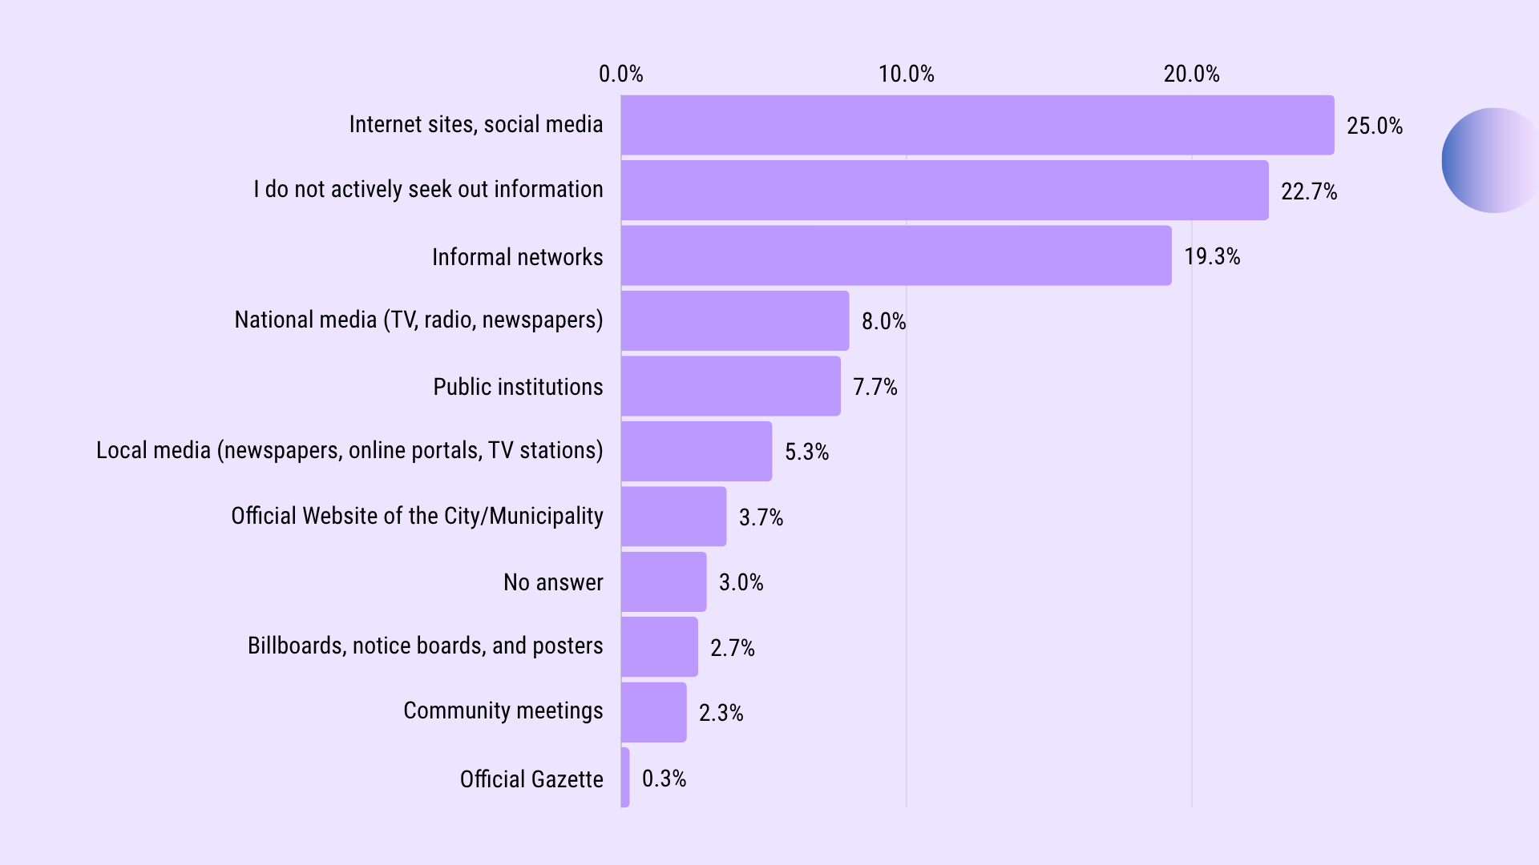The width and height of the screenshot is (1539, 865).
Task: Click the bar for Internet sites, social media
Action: [x=977, y=125]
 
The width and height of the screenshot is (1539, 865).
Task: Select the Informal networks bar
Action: [x=896, y=255]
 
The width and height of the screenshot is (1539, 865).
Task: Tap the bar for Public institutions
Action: [x=730, y=386]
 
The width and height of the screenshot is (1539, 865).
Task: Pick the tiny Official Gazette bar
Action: [x=625, y=778]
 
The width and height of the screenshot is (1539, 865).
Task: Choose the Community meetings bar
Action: [x=653, y=712]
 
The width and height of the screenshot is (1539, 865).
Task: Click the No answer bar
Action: [x=664, y=581]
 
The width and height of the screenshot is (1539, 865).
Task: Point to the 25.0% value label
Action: [x=1374, y=126]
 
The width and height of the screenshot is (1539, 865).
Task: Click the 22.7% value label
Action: [x=1308, y=191]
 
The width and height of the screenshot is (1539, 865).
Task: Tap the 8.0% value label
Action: [x=883, y=321]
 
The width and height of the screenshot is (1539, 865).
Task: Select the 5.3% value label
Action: [x=806, y=452]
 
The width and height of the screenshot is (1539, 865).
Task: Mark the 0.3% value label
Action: [x=664, y=778]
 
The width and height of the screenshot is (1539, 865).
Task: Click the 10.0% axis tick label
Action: [x=906, y=74]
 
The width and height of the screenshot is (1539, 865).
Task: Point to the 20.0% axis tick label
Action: [x=1191, y=74]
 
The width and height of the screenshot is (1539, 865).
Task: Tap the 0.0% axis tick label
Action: [x=620, y=74]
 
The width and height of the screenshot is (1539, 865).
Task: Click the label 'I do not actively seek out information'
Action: [x=428, y=190]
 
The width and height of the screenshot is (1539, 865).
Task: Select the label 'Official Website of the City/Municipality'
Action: [x=417, y=516]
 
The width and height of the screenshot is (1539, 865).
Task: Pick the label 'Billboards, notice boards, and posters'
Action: [x=425, y=646]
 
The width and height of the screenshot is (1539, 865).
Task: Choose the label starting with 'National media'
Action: [x=418, y=320]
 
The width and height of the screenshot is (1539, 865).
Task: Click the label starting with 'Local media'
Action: [x=349, y=450]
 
